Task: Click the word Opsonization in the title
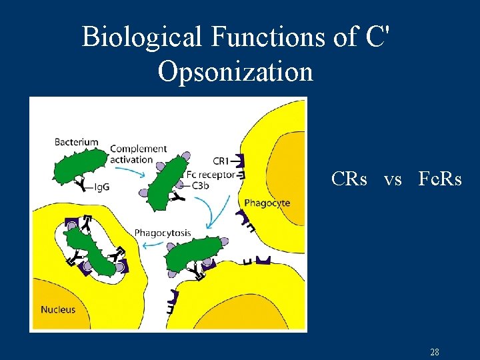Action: tap(235, 71)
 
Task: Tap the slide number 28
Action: tap(434, 352)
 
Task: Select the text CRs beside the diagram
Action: tap(349, 179)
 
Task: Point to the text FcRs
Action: tap(440, 179)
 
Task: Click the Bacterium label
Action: tap(76, 142)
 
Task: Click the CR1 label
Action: tap(221, 161)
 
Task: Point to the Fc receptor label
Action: tap(211, 175)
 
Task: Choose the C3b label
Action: tap(201, 186)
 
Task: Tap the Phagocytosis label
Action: tap(163, 233)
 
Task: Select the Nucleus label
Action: tap(58, 309)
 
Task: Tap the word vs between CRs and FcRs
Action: tap(393, 179)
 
